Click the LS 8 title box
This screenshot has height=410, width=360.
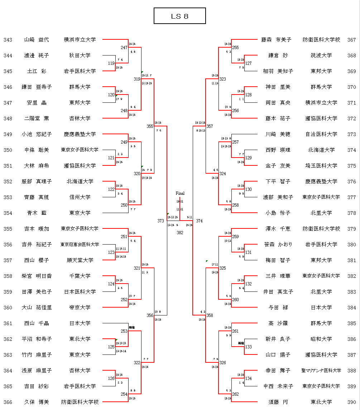[x=179, y=16]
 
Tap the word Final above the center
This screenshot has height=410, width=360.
[x=180, y=193]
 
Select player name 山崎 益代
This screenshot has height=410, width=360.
[x=37, y=40]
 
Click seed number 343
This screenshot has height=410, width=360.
[x=8, y=40]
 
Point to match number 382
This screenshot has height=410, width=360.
[x=180, y=232]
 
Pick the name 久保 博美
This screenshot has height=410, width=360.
[x=37, y=402]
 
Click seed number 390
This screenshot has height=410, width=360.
[x=352, y=402]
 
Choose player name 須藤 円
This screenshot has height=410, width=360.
[x=278, y=402]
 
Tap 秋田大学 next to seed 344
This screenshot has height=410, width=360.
[x=80, y=56]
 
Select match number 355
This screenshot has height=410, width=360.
[x=150, y=126]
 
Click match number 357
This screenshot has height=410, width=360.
[x=210, y=126]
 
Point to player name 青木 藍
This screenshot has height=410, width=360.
[x=37, y=213]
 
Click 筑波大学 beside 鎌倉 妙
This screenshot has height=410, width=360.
[x=321, y=56]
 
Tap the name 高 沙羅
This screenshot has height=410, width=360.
[x=278, y=323]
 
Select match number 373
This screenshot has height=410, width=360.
[x=160, y=221]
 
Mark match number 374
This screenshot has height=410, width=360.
[x=199, y=221]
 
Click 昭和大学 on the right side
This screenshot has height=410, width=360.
[x=321, y=339]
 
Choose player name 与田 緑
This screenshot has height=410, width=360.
[x=278, y=308]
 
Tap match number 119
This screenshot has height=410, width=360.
[x=111, y=63]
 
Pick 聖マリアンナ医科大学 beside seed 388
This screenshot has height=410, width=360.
[x=321, y=371]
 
